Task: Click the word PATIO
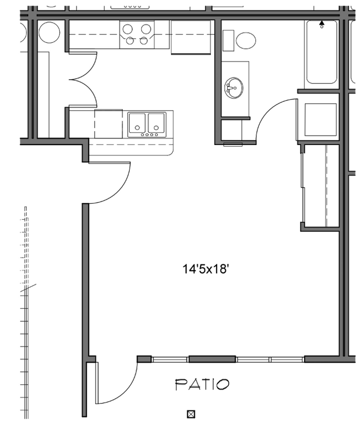(x=202, y=384)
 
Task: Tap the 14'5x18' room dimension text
(x=206, y=270)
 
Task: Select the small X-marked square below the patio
(x=192, y=414)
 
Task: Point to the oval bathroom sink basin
(x=234, y=87)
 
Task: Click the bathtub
(x=321, y=53)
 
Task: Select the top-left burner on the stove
(x=127, y=28)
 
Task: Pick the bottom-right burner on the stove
(x=146, y=40)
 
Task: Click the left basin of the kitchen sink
(x=137, y=122)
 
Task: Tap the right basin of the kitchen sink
(x=156, y=122)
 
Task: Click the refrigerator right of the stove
(x=191, y=38)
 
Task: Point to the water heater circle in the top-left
(x=49, y=32)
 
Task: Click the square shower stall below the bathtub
(x=321, y=120)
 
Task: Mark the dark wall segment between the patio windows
(x=212, y=359)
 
